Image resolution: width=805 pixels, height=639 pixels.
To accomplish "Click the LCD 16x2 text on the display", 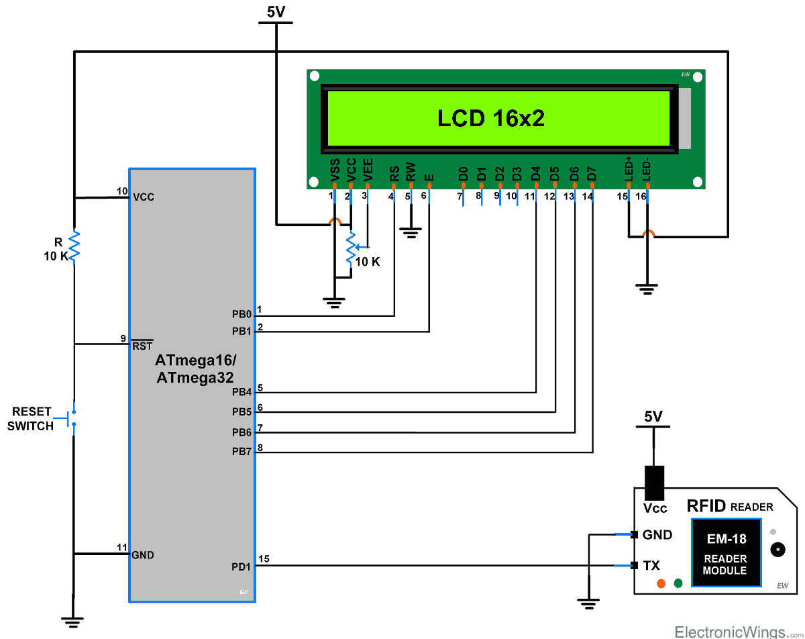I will click(x=490, y=118).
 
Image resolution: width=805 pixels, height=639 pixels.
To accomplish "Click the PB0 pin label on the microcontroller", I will click(x=241, y=314).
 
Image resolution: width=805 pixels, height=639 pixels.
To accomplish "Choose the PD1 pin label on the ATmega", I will click(x=241, y=567).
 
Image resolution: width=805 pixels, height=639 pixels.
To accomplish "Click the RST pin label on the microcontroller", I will click(x=142, y=346).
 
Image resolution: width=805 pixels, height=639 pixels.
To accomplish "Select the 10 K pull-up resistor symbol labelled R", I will click(x=74, y=245).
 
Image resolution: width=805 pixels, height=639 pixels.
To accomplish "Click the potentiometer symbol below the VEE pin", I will click(x=350, y=248).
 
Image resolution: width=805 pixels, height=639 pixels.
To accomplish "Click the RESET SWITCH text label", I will click(x=32, y=419).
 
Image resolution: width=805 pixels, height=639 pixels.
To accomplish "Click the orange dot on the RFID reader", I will click(x=661, y=583).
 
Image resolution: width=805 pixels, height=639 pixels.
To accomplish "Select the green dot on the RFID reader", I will click(x=678, y=583).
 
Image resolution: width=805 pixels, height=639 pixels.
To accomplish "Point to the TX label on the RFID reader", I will click(x=651, y=566).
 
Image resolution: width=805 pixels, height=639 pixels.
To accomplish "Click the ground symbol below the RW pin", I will click(x=410, y=232).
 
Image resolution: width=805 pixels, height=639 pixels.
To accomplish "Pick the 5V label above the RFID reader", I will click(x=653, y=416).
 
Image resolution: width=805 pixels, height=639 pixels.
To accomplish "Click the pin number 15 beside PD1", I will click(x=264, y=558).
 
